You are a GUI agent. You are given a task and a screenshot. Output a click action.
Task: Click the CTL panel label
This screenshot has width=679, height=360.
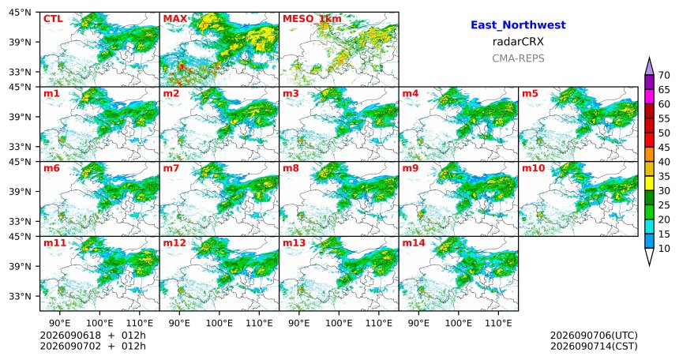pyautogui.click(x=53, y=19)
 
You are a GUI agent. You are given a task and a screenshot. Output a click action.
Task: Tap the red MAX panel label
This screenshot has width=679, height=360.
pyautogui.click(x=175, y=19)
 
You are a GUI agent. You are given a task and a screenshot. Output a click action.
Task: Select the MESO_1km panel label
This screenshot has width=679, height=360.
pyautogui.click(x=312, y=19)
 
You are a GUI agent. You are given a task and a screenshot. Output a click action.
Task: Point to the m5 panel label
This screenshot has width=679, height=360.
pyautogui.click(x=530, y=94)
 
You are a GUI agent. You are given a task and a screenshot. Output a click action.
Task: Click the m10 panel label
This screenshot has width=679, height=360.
pyautogui.click(x=533, y=168)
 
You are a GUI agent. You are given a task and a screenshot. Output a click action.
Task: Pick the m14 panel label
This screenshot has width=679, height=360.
pyautogui.click(x=414, y=243)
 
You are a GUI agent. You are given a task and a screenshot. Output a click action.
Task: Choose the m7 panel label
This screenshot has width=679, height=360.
pyautogui.click(x=171, y=168)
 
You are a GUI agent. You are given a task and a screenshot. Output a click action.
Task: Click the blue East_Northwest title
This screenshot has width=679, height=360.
pyautogui.click(x=518, y=25)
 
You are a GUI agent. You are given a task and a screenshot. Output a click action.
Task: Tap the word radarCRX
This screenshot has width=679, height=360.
pyautogui.click(x=518, y=42)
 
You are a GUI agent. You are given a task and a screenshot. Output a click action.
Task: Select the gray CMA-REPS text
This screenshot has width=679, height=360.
pyautogui.click(x=518, y=58)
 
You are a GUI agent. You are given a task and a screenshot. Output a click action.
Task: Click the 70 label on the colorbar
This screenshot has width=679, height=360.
pyautogui.click(x=664, y=75)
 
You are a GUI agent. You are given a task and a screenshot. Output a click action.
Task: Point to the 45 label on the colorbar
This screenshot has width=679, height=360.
pyautogui.click(x=664, y=148)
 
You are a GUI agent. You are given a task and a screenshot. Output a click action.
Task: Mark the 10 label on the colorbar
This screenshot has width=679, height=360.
pyautogui.click(x=664, y=248)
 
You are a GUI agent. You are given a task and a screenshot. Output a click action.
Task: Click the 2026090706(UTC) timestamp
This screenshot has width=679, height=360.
pyautogui.click(x=594, y=336)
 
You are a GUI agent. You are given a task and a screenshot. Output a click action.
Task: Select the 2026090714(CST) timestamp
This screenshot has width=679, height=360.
pyautogui.click(x=594, y=346)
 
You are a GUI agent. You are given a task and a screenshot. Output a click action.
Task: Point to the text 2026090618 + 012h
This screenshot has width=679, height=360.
pyautogui.click(x=92, y=336)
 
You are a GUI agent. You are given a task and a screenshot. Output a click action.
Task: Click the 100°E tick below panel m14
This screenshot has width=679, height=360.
pyautogui.click(x=458, y=324)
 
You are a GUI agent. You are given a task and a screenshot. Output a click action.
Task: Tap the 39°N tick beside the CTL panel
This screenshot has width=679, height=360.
pyautogui.click(x=20, y=42)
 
